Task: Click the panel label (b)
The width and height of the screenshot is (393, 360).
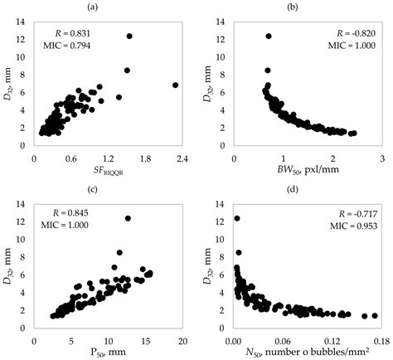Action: pyautogui.click(x=304, y=7)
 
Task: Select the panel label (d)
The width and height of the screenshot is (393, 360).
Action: pyautogui.click(x=304, y=184)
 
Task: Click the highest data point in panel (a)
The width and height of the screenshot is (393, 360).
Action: pyautogui.click(x=129, y=36)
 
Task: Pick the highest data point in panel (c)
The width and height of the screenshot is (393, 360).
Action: pyautogui.click(x=128, y=218)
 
